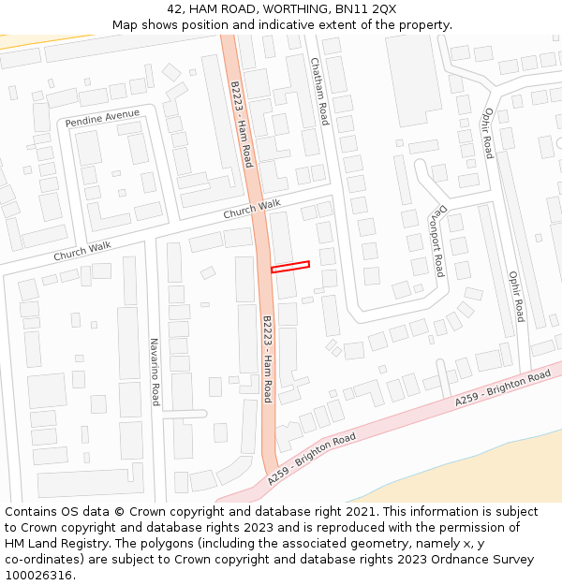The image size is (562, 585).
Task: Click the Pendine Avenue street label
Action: point(102,119)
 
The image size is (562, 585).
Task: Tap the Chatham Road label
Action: point(320,91)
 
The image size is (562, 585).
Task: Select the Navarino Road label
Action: point(155,372)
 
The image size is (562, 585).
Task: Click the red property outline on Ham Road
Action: point(290,267)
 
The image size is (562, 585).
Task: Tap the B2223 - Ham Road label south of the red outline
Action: point(267,358)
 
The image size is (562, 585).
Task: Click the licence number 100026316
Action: point(38,576)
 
